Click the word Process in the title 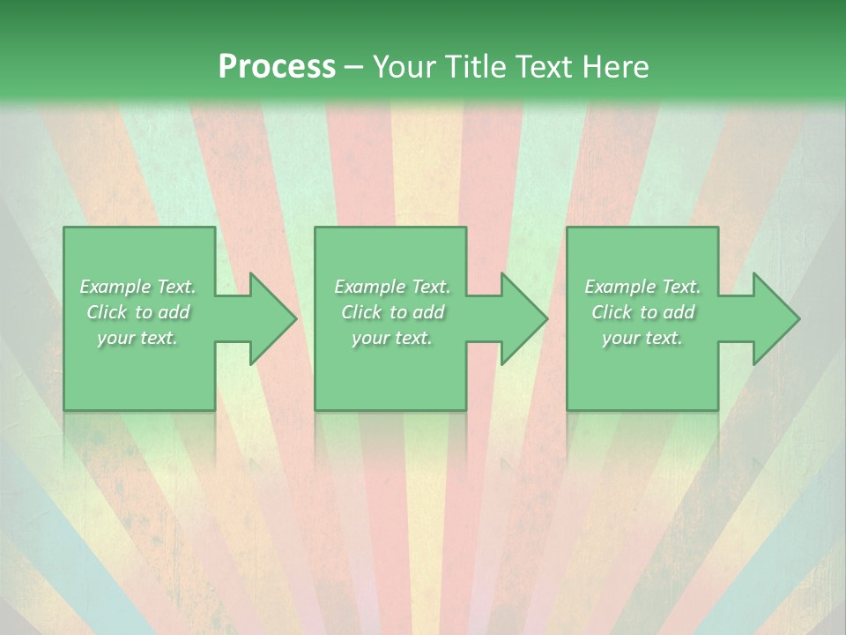tap(277, 67)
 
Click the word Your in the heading tap(403, 67)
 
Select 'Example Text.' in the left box tap(137, 287)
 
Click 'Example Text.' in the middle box tap(392, 287)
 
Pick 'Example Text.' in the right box tap(642, 287)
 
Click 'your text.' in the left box tap(137, 338)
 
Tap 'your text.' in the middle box tap(392, 338)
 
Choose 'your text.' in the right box tap(642, 338)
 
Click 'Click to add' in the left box tap(137, 312)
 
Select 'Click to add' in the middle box tap(392, 312)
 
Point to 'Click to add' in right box tap(642, 312)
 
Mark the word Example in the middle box tap(367, 287)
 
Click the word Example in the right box tap(618, 287)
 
